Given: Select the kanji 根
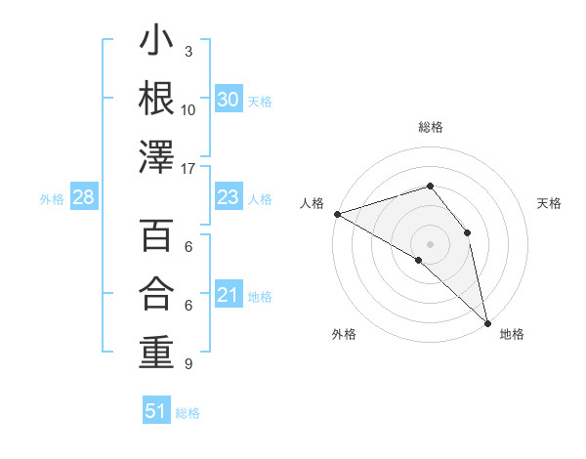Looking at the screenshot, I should (156, 98).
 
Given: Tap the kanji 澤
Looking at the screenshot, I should (156, 156).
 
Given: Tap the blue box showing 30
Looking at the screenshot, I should (229, 100).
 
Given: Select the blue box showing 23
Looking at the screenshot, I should (229, 198).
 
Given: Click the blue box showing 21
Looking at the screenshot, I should (229, 296).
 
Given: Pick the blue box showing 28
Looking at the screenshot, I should (84, 198).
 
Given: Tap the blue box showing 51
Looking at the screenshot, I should (156, 411).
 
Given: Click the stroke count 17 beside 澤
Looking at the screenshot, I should (189, 168).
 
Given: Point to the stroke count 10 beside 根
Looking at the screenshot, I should (188, 109).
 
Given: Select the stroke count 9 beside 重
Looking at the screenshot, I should (188, 364).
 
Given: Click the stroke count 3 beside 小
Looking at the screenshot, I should (188, 51).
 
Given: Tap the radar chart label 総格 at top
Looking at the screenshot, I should (430, 127).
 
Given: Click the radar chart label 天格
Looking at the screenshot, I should (550, 203).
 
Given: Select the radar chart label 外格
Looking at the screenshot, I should (344, 334).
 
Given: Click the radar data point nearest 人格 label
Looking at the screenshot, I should (337, 213).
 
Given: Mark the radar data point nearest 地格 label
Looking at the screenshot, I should (486, 320).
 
